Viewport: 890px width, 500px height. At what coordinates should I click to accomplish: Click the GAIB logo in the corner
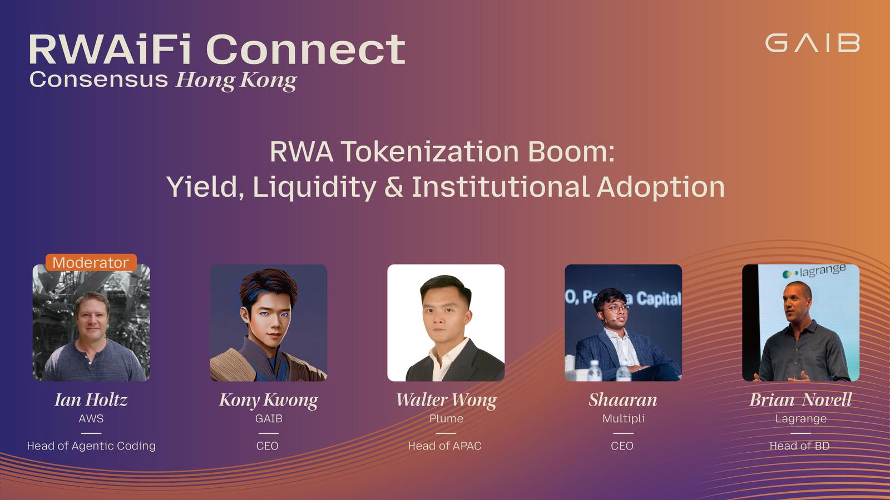click(x=813, y=43)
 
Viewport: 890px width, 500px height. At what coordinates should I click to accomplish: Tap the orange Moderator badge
click(x=91, y=263)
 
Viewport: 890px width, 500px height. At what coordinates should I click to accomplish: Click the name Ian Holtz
click(x=91, y=399)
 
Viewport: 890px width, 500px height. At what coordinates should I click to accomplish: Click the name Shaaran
click(x=623, y=399)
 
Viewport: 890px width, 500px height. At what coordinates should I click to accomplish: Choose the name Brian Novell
click(x=800, y=399)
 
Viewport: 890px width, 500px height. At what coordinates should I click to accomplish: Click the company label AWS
click(x=91, y=419)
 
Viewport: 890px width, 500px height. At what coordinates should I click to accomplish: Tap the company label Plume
click(x=446, y=419)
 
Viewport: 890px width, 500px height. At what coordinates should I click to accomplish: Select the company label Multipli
click(x=624, y=419)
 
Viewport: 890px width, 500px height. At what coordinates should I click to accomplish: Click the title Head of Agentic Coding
click(x=91, y=446)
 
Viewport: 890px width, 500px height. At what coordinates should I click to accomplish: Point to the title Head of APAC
click(x=444, y=446)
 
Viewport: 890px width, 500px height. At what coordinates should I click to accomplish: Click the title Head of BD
click(x=799, y=446)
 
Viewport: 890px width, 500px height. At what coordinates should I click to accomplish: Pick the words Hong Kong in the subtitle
click(x=236, y=81)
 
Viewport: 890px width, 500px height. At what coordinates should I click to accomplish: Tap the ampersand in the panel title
click(x=394, y=187)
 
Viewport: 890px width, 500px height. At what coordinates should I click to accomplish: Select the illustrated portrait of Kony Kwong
click(x=269, y=323)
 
